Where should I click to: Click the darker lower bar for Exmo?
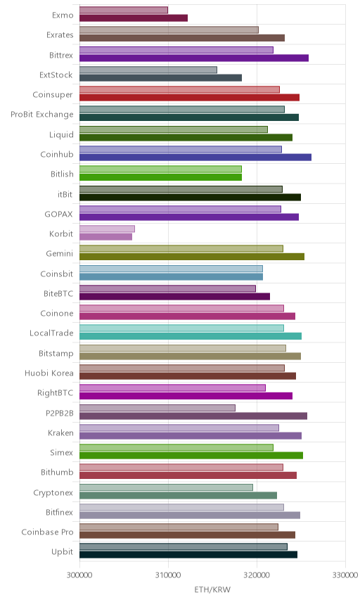click(134, 18)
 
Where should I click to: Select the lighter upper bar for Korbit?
click(107, 229)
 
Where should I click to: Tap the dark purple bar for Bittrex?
click(194, 58)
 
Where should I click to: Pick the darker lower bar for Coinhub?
click(195, 157)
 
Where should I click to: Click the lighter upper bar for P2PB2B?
click(157, 408)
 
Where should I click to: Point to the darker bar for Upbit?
click(188, 554)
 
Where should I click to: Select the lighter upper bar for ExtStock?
click(148, 70)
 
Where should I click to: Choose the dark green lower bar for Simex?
click(191, 455)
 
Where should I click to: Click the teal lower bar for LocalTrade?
click(191, 336)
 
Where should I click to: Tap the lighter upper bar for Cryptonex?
click(166, 487)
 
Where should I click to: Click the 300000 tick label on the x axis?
click(79, 575)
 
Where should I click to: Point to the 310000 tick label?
click(168, 575)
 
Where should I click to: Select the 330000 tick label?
click(345, 575)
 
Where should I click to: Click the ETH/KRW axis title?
click(212, 590)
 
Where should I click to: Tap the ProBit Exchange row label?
click(41, 115)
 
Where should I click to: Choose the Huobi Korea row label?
click(49, 373)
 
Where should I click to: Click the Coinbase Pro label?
click(47, 532)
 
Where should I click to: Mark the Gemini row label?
click(60, 253)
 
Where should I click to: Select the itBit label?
click(65, 194)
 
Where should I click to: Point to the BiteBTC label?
click(58, 294)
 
